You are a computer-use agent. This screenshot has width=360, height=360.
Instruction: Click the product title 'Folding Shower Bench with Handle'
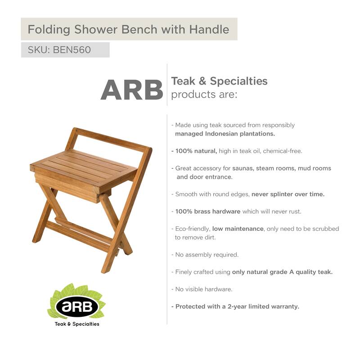pyautogui.click(x=128, y=30)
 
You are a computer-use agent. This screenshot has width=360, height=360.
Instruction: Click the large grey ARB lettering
pyautogui.click(x=131, y=90)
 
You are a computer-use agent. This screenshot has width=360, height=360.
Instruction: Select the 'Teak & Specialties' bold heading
pyautogui.click(x=219, y=81)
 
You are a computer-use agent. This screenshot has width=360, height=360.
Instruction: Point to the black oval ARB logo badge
pyautogui.click(x=76, y=306)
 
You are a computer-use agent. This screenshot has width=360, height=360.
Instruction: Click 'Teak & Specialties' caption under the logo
pyautogui.click(x=76, y=324)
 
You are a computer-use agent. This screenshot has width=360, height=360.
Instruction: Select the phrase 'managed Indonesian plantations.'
pyautogui.click(x=225, y=134)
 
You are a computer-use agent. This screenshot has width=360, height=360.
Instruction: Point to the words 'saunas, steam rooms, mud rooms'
pyautogui.click(x=282, y=168)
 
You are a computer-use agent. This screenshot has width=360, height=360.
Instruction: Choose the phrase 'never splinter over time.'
pyautogui.click(x=288, y=194)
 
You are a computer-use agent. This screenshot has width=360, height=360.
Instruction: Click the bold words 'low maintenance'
pyautogui.click(x=238, y=229)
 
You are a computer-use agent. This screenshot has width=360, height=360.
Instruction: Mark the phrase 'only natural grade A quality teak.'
pyautogui.click(x=282, y=272)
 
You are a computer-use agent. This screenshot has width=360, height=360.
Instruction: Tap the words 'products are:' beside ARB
pyautogui.click(x=204, y=95)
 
